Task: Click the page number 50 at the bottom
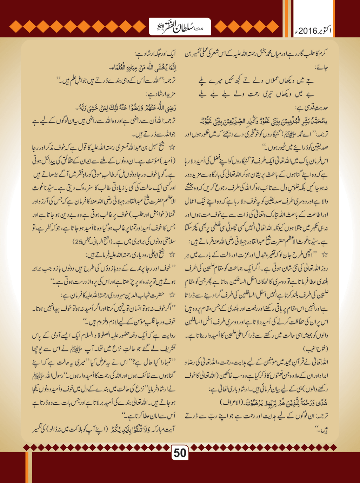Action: pos(180,452)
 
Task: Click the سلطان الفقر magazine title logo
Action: pos(180,27)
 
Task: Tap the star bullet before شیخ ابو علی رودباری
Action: pos(172,255)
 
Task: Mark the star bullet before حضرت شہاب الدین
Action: pos(172,295)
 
